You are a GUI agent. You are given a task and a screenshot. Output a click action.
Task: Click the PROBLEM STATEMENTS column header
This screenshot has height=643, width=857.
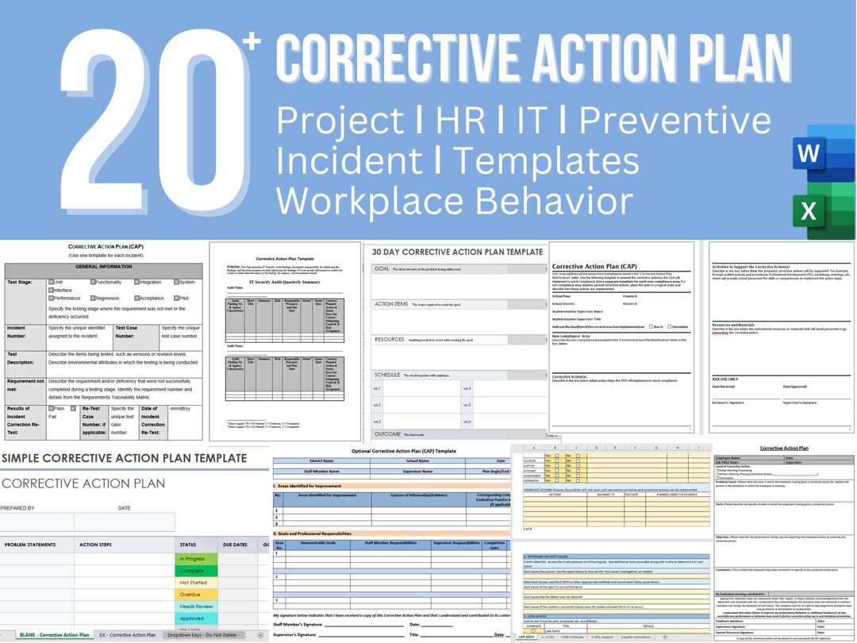tap(30, 545)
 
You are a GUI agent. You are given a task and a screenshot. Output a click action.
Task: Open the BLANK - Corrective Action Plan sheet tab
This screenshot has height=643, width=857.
tap(54, 635)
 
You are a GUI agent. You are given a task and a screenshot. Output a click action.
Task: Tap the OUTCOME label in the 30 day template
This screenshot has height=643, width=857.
tap(388, 434)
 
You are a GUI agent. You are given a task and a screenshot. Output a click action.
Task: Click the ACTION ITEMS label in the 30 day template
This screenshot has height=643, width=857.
tap(390, 304)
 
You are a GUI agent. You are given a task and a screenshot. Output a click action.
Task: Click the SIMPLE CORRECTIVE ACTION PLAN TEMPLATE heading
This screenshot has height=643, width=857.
tap(124, 458)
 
